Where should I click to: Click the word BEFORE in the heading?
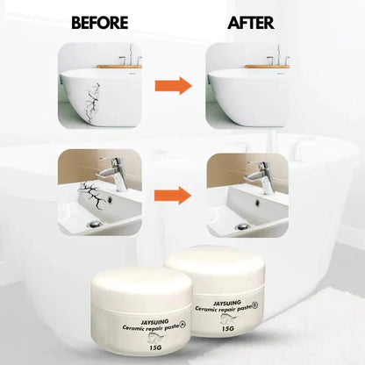(100, 22)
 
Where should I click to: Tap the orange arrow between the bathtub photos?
(174, 85)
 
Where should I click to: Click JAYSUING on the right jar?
(218, 298)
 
